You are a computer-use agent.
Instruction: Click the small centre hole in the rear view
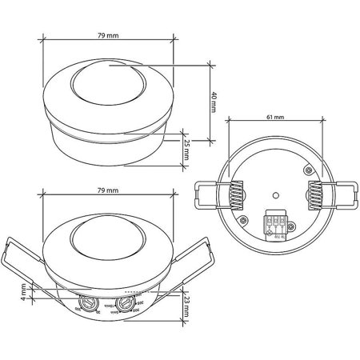coord(274,194)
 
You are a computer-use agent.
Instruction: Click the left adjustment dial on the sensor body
coord(86,304)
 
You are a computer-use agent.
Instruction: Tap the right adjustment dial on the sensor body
coord(127,304)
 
